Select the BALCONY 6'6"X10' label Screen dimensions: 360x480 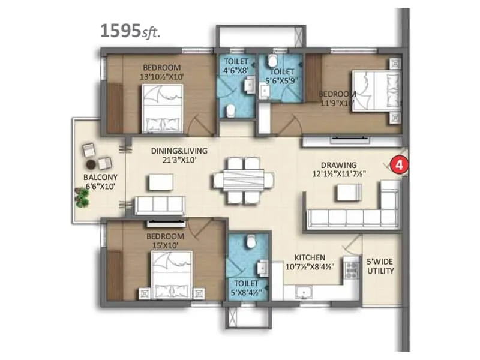(x=100, y=182)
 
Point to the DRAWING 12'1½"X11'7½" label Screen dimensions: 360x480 (x=339, y=169)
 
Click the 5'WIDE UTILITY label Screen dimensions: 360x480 (x=380, y=266)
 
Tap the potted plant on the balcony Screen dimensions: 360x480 (x=82, y=197)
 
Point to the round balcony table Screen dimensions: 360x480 (x=91, y=164)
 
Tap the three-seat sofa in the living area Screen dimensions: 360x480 (x=159, y=205)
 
